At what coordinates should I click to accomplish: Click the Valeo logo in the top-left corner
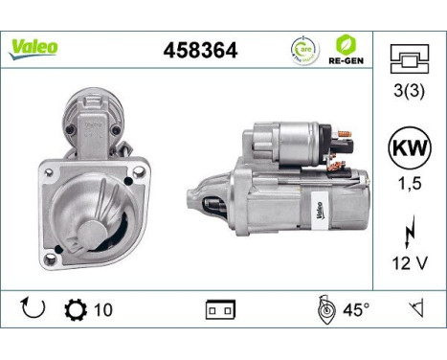[x=34, y=47]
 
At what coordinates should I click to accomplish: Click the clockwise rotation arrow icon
[x=31, y=310]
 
